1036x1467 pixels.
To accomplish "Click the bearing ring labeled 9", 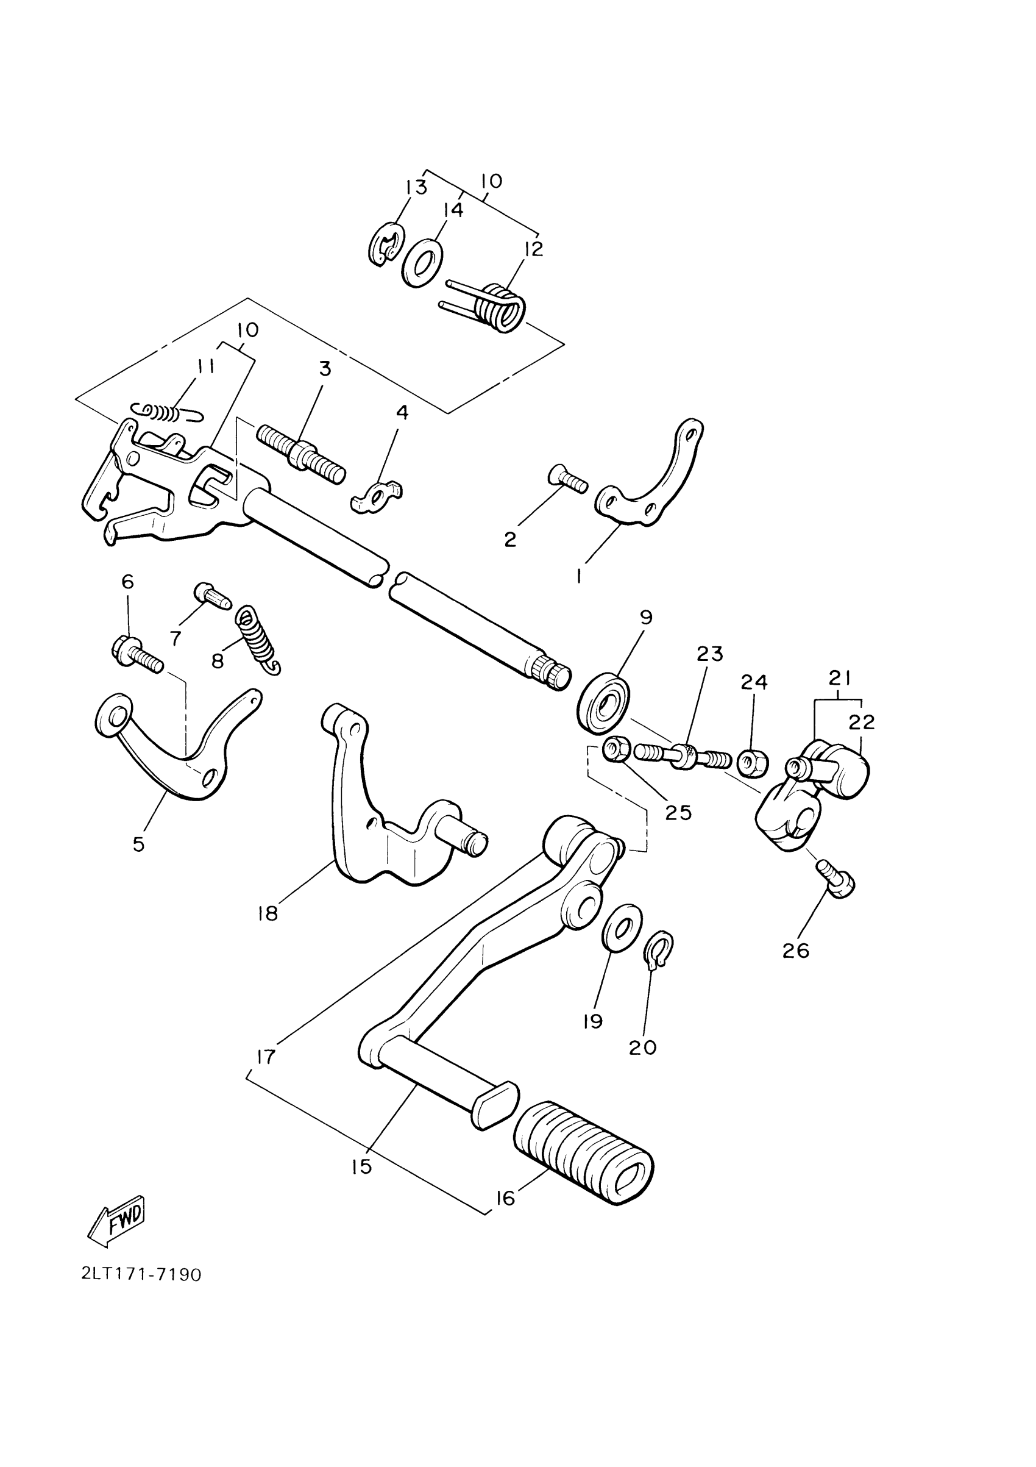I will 603,703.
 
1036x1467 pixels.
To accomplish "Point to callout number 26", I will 796,969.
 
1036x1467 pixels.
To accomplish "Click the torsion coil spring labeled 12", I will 502,307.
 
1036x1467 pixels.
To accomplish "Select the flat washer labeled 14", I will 423,263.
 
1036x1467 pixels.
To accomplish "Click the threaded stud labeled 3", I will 301,453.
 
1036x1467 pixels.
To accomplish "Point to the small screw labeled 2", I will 567,479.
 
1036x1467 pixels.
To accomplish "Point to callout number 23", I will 709,654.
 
